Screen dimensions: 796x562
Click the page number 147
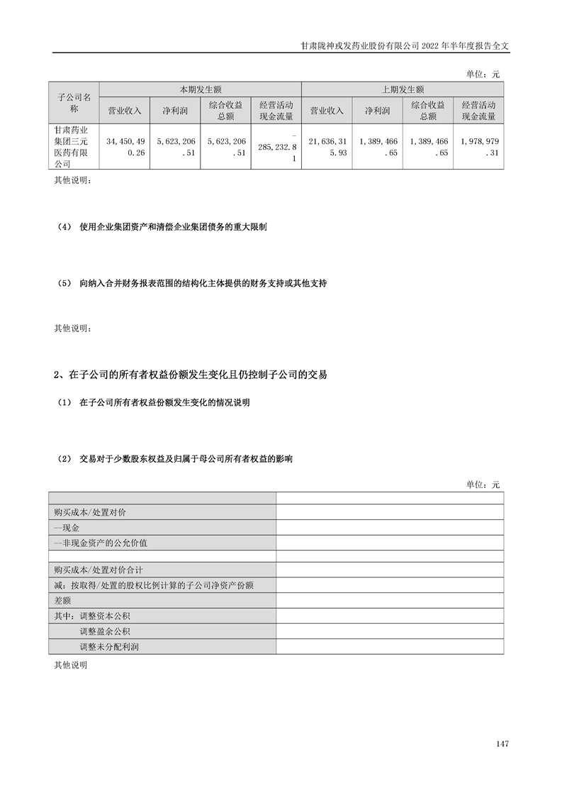pyautogui.click(x=502, y=744)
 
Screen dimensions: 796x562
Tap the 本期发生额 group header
pyautogui.click(x=201, y=89)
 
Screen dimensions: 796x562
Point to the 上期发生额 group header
pyautogui.click(x=403, y=89)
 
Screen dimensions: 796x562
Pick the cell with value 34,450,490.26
pyautogui.click(x=125, y=147)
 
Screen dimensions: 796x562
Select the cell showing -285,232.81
pyautogui.click(x=276, y=147)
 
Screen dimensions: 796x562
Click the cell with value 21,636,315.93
pyautogui.click(x=327, y=147)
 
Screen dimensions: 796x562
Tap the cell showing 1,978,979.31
pyautogui.click(x=478, y=147)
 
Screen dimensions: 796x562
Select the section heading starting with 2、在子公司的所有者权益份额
pyautogui.click(x=191, y=375)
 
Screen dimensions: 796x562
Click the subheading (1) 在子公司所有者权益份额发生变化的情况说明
pyautogui.click(x=154, y=403)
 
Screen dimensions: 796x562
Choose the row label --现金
pyautogui.click(x=67, y=529)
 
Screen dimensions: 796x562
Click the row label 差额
pyautogui.click(x=64, y=600)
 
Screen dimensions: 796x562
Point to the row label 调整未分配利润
pyautogui.click(x=109, y=647)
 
